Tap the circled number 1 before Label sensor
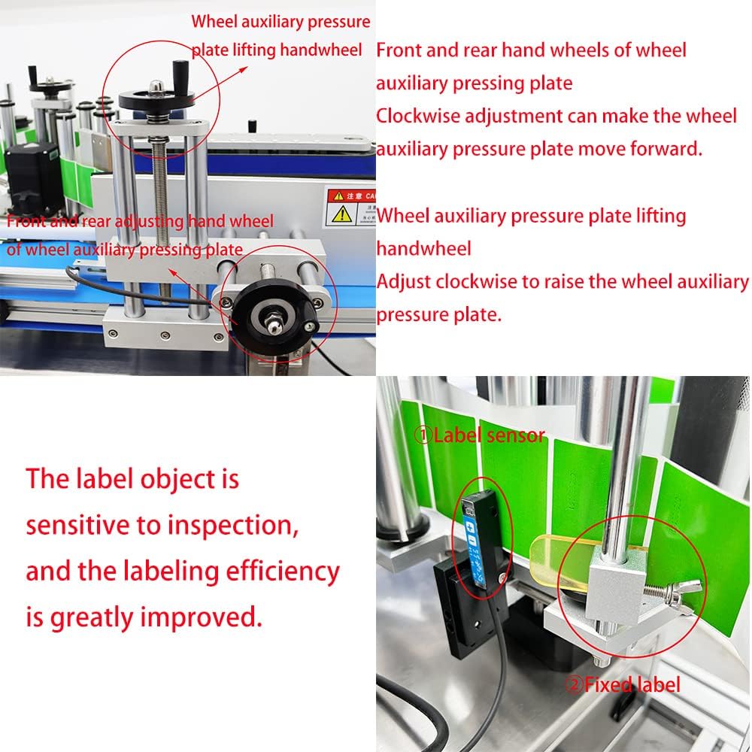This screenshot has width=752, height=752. coord(423,435)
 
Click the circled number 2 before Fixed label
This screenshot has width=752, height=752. coord(574,684)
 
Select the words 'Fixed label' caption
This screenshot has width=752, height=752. coord(632,684)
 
